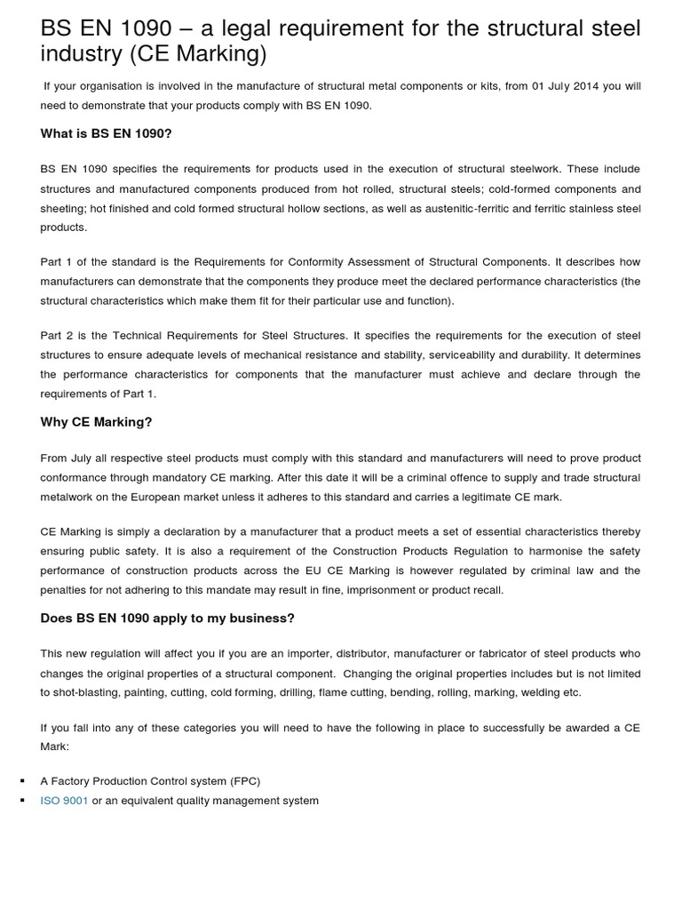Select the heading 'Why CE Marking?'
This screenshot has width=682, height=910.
[x=96, y=422]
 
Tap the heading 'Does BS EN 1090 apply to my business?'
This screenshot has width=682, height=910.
[x=167, y=618]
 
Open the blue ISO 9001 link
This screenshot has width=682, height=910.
[x=64, y=801]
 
